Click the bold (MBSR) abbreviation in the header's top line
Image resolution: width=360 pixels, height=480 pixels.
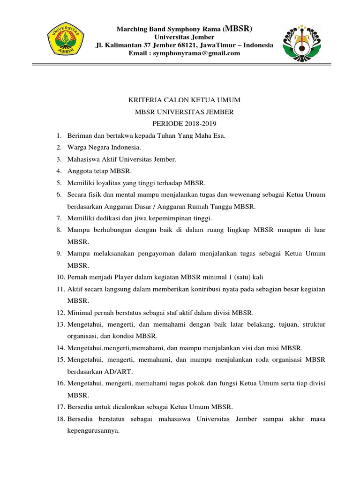pos(239,29)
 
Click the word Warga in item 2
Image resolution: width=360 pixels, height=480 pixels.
pos(77,148)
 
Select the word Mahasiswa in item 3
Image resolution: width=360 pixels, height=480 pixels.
pos(83,159)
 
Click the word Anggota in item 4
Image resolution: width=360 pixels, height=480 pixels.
pos(80,171)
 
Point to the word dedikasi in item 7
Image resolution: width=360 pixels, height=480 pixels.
pos(109,218)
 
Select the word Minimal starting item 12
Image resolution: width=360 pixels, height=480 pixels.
pos(80,313)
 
